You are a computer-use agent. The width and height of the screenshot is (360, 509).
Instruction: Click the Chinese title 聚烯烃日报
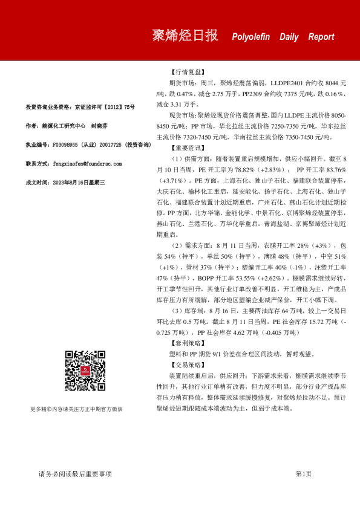point(185,36)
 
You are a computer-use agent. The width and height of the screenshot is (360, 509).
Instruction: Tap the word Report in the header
point(321,37)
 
